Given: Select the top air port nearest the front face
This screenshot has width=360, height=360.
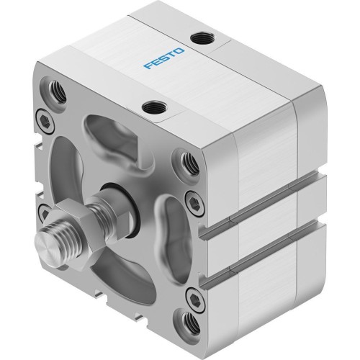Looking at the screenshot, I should [152, 109].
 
